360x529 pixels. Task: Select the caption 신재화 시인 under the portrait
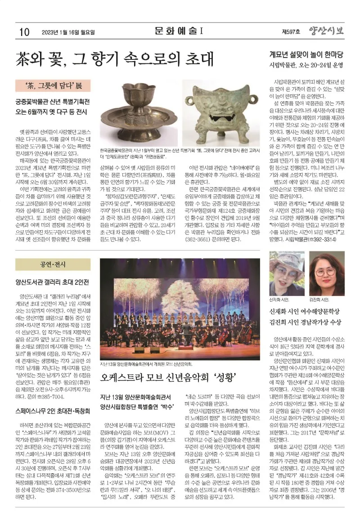[x=279, y=299]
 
